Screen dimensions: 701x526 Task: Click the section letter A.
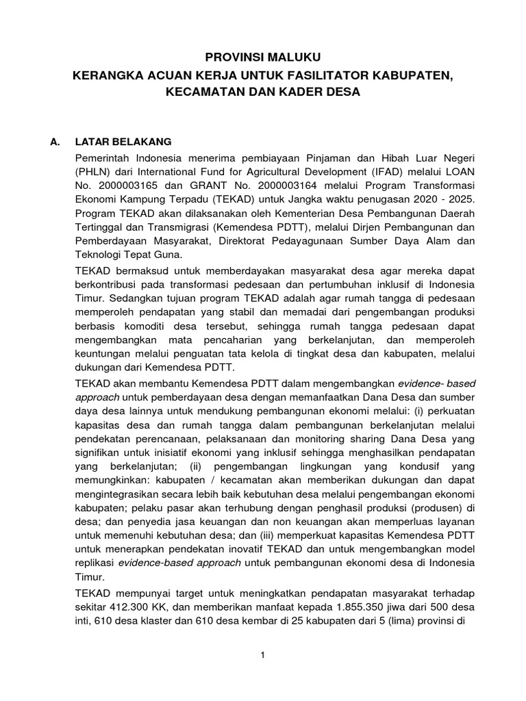pos(57,142)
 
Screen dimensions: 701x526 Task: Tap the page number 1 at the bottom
pos(262,656)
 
